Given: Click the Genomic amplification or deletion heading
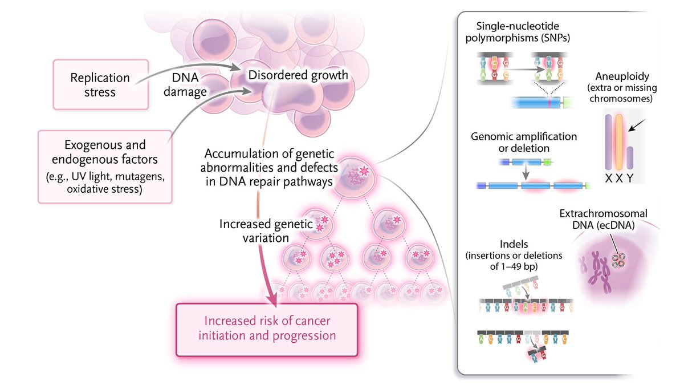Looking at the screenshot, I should (x=524, y=143).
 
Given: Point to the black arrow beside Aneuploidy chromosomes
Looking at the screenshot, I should (x=641, y=122).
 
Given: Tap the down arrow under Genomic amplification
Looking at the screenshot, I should (x=525, y=172).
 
